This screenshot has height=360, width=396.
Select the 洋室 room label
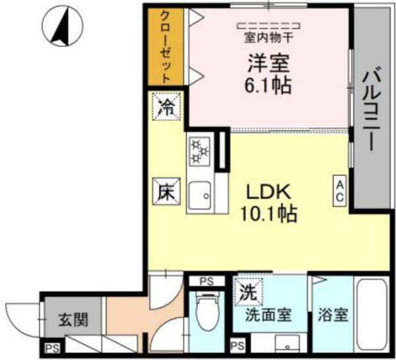[269, 64]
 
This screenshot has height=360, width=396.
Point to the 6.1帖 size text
[269, 85]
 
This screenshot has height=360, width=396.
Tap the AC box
[339, 191]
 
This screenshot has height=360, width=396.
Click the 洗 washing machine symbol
[247, 290]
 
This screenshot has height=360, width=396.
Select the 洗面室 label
[268, 315]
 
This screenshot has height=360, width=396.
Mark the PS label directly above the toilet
[207, 282]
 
